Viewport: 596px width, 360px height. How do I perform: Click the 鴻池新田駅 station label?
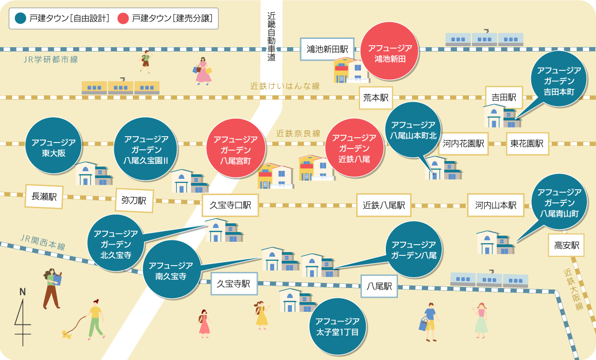pyautogui.click(x=327, y=49)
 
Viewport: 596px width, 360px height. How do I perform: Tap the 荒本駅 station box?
pyautogui.click(x=376, y=98)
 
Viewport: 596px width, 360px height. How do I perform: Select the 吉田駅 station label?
pyautogui.click(x=504, y=97)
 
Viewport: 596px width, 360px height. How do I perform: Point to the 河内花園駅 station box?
pyautogui.click(x=463, y=144)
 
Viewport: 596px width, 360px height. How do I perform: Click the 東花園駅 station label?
pyautogui.click(x=527, y=144)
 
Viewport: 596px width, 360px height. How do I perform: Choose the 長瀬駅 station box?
pyautogui.click(x=44, y=197)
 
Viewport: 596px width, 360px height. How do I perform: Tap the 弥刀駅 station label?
pyautogui.click(x=134, y=200)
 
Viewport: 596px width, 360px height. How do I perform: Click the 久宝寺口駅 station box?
pyautogui.click(x=230, y=205)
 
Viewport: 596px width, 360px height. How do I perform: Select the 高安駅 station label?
pyautogui.click(x=566, y=245)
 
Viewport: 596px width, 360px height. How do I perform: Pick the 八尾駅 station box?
pyautogui.click(x=379, y=286)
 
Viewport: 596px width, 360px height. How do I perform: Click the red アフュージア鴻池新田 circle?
pyautogui.click(x=390, y=51)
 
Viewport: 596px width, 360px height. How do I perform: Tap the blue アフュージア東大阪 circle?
pyautogui.click(x=54, y=145)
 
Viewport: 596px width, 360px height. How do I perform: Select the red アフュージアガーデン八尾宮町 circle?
pyautogui.click(x=236, y=148)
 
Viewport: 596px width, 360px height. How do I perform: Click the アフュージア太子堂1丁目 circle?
pyautogui.click(x=338, y=326)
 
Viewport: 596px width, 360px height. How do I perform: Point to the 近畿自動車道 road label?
pyautogui.click(x=271, y=36)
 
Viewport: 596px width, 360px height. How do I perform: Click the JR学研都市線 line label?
pyautogui.click(x=51, y=59)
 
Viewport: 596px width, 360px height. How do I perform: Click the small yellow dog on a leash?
pyautogui.click(x=67, y=334)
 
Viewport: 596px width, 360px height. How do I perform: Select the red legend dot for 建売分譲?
pyautogui.click(x=123, y=18)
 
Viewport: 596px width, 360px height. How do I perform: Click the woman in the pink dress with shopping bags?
pyautogui.click(x=203, y=71)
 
